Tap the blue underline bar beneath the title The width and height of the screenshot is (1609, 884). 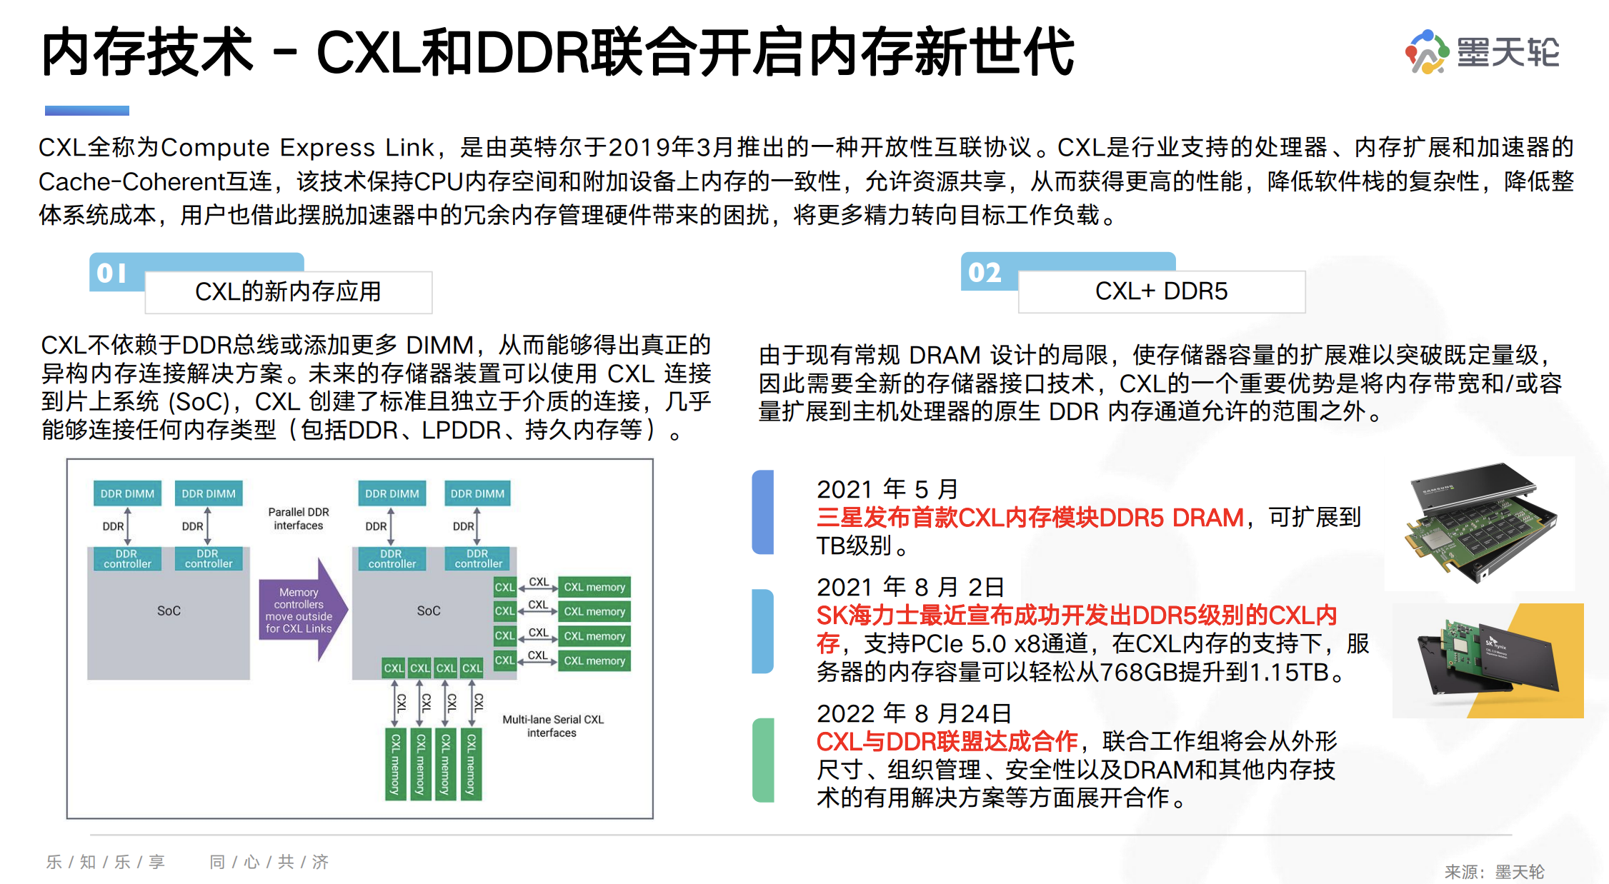coord(87,111)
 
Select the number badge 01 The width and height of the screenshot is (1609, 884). coord(113,273)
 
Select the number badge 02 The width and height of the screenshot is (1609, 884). coord(985,272)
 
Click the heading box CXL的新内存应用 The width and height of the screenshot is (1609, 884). coord(288,292)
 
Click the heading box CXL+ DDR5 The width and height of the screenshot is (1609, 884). coord(1161,291)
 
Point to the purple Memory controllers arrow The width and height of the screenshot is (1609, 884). coord(303,611)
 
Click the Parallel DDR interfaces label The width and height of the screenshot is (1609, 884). coord(299,519)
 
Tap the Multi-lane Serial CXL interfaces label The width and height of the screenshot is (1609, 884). coord(552,726)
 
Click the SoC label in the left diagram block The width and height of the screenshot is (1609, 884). coord(169,611)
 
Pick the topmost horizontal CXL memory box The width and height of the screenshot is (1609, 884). coord(594,588)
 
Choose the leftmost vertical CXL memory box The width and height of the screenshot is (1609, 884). coord(395,764)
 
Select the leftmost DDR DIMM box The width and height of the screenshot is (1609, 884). coord(127,493)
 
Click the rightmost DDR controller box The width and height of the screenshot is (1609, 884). coord(478,559)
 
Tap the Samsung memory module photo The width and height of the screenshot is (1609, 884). coord(1479,523)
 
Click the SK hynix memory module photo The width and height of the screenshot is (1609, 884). coord(1488,660)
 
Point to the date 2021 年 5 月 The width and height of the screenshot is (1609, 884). coord(887,489)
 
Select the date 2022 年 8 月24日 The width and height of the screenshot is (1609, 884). coord(914,713)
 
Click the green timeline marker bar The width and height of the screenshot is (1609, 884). coord(763,760)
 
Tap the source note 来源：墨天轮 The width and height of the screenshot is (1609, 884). coord(1494,872)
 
